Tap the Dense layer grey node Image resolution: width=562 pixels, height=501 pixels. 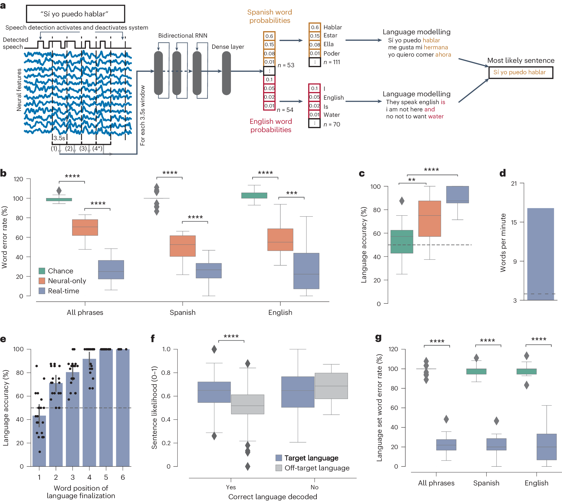click(226, 73)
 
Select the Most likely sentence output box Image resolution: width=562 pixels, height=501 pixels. click(520, 72)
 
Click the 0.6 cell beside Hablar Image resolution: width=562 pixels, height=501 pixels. click(315, 27)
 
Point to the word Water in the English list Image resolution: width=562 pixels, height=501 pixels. click(332, 115)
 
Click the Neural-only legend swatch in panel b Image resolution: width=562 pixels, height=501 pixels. click(42, 281)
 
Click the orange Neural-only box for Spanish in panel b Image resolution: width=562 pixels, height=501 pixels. click(183, 246)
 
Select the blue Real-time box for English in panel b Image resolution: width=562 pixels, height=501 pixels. click(306, 271)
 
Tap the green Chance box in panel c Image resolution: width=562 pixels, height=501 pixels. click(402, 241)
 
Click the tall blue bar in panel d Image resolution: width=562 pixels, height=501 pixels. click(540, 254)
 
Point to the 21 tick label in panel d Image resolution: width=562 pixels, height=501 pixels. click(514, 184)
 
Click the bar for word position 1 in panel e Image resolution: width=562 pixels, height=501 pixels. click(39, 441)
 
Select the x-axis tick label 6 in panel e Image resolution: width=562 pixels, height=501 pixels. click(123, 477)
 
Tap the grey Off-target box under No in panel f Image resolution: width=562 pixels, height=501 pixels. click(331, 386)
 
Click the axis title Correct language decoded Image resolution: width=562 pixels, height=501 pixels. click(273, 497)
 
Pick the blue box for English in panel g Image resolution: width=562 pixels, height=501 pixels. click(546, 447)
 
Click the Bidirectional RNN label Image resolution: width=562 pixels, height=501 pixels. click(183, 36)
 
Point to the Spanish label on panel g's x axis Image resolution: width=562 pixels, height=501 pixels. click(486, 483)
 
